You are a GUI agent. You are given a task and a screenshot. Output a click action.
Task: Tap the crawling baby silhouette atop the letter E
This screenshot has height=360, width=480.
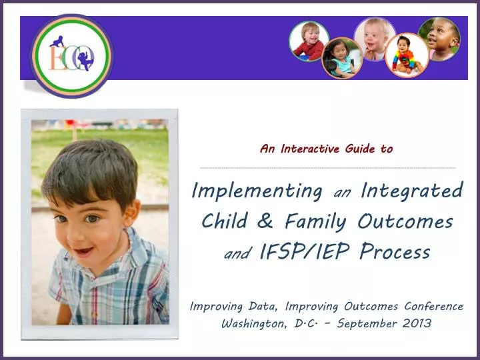coord(58,41)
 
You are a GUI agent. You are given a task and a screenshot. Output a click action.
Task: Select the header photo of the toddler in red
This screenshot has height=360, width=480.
coord(309,41)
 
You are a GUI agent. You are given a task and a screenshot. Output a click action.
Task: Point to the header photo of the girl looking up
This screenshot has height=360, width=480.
coord(439,38)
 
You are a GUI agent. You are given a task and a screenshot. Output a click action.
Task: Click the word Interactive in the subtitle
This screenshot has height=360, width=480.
coord(310,149)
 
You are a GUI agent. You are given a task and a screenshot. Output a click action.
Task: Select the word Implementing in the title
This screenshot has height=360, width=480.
coord(257,191)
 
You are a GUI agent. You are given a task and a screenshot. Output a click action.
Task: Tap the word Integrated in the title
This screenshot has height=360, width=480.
coord(411,191)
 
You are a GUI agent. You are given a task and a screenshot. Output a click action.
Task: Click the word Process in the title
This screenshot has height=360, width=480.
coord(394,252)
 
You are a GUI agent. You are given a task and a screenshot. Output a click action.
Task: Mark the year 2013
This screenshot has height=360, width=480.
coord(415,324)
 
